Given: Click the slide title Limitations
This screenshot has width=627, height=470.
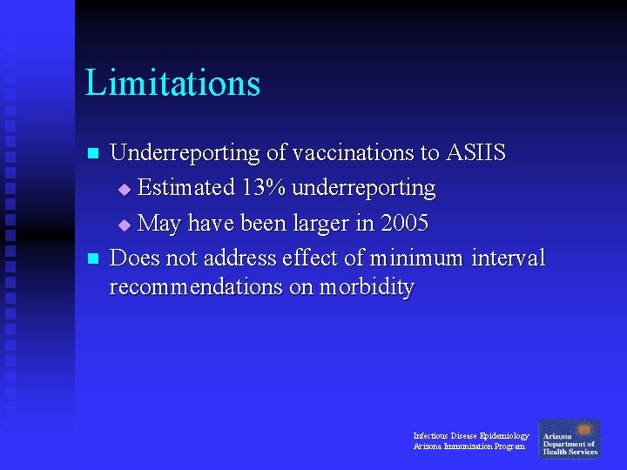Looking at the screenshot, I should pyautogui.click(x=172, y=84).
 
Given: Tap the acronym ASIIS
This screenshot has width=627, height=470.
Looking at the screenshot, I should pyautogui.click(x=475, y=153).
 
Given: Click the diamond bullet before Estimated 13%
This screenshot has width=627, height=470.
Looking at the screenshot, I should pyautogui.click(x=124, y=190).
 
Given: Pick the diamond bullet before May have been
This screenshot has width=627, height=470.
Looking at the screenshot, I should pyautogui.click(x=124, y=225).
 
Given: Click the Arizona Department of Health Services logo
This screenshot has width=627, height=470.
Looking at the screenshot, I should pyautogui.click(x=570, y=440).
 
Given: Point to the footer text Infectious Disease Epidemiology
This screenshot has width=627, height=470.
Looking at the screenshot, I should pyautogui.click(x=470, y=435).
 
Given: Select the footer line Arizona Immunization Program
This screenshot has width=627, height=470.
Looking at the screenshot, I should pyautogui.click(x=469, y=446).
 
